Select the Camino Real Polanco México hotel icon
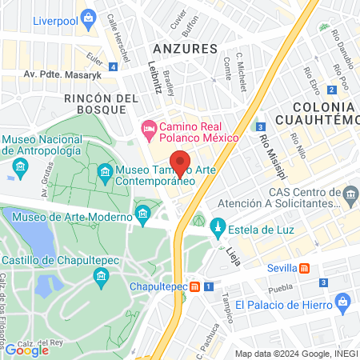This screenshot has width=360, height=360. coord(149,129)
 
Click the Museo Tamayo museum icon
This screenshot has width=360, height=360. coord(106,171)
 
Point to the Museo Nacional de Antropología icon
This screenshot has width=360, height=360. coord(21,167)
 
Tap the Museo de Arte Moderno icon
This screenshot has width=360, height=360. coord(143,214)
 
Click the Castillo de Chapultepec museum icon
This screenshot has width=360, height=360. coord(101,277)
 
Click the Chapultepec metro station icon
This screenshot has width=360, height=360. coord(194,286)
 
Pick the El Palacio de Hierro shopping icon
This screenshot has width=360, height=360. coord(343,302)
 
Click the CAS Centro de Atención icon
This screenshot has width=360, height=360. coord(350,194)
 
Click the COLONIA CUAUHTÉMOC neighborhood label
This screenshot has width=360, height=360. coord(312,114)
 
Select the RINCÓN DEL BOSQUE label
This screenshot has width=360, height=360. coord(102,106)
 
